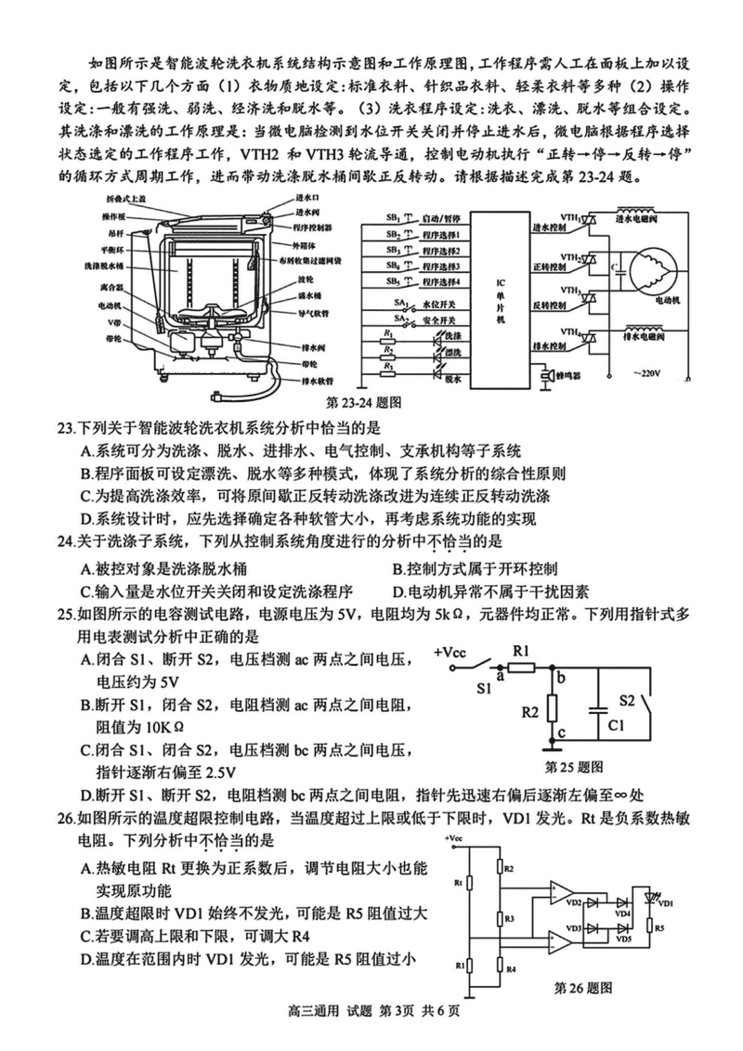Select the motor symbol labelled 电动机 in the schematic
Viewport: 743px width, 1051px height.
[x=650, y=269]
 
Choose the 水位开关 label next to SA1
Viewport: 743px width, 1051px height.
[x=441, y=304]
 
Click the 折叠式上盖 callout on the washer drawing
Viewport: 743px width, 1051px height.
[x=118, y=200]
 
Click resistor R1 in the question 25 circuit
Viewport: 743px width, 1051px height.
[x=521, y=666]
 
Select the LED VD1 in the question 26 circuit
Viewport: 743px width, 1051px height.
[x=656, y=901]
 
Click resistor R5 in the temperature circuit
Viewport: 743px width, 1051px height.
[x=655, y=926]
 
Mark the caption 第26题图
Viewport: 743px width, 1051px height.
[x=583, y=987]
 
